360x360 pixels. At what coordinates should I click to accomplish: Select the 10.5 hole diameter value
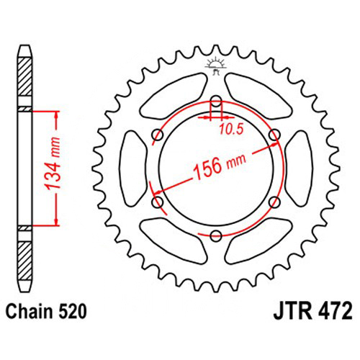[231, 130]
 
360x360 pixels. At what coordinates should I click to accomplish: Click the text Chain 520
[46, 312]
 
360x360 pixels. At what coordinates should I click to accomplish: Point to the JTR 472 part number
[312, 311]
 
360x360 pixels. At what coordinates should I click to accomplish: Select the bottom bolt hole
[216, 235]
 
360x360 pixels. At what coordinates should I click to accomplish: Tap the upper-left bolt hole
[158, 135]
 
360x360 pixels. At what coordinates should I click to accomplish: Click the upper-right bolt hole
[274, 135]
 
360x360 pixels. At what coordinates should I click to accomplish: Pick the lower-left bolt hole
[158, 202]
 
